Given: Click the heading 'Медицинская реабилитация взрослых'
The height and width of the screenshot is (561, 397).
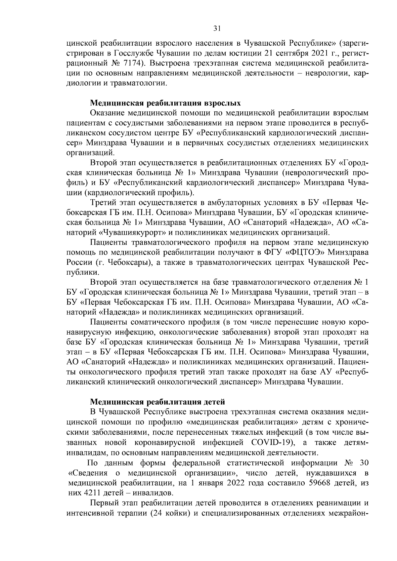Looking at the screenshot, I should [x=166, y=102].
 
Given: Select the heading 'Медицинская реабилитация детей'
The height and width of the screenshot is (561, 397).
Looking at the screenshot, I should [x=158, y=402].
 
